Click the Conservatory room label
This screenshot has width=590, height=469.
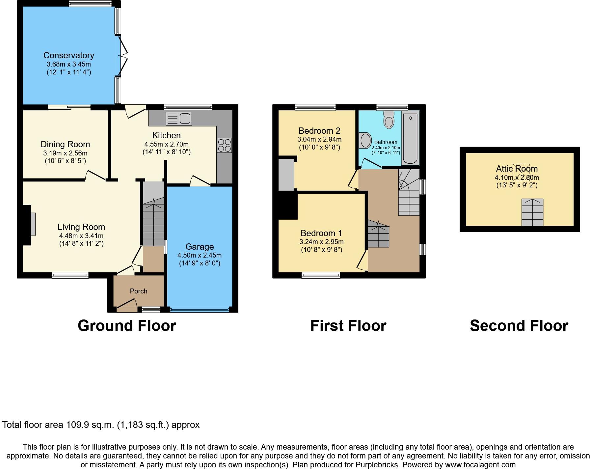(69, 55)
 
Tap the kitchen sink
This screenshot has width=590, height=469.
(179, 119)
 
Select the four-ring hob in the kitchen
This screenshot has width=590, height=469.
(224, 145)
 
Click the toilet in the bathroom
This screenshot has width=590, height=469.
(389, 120)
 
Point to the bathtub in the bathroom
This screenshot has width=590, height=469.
(410, 138)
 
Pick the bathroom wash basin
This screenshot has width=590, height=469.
(365, 141)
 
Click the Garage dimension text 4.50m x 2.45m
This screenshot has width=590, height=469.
(200, 255)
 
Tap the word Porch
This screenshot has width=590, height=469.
(139, 291)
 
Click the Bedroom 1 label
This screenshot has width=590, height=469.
(321, 233)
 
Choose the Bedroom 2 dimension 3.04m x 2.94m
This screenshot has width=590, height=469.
(319, 139)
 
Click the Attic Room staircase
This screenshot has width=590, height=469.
(532, 212)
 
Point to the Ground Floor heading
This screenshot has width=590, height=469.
(127, 326)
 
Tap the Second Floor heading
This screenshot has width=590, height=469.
(519, 326)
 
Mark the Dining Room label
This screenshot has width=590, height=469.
(65, 144)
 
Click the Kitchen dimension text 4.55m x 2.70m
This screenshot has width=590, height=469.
(167, 144)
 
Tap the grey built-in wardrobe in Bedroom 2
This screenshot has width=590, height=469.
(286, 175)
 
